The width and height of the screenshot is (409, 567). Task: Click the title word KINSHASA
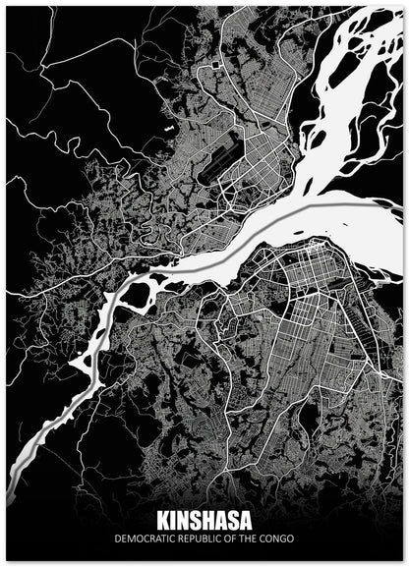click(x=204, y=521)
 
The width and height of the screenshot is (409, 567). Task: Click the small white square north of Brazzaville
click(x=214, y=64)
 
